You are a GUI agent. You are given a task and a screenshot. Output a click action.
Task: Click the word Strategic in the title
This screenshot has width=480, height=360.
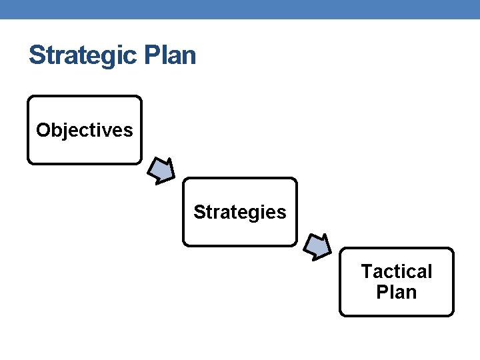point(83,55)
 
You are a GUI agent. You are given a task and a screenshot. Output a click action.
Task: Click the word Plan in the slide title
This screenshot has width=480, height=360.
point(169,55)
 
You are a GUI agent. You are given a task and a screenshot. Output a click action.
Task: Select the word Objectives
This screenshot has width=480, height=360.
point(85,130)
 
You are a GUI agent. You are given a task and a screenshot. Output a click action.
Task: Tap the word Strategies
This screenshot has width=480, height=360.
point(240,212)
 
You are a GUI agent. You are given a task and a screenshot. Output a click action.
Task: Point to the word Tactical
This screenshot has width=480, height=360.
point(397,271)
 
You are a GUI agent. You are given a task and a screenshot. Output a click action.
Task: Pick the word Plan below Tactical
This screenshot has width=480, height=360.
point(397,292)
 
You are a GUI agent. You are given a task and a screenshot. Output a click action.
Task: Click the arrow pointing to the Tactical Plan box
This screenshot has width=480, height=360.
point(317,246)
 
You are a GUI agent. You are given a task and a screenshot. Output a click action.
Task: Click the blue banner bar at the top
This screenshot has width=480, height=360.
point(240,9)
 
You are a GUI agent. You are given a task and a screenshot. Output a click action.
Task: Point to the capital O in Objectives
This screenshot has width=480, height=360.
point(43,130)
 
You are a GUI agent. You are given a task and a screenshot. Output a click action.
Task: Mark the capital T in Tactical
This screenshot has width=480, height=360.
point(367,271)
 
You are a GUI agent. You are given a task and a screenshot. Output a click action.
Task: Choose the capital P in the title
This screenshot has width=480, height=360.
point(152,55)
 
